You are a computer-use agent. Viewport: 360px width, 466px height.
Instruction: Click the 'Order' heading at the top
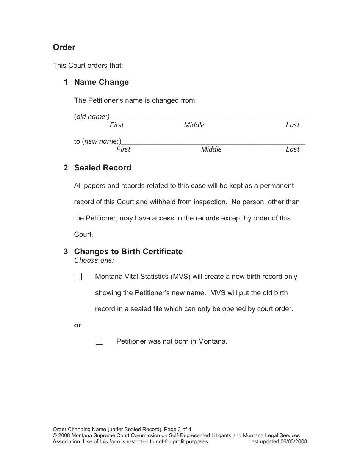tap(64, 47)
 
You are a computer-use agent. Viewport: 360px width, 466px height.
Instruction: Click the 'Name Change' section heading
tap(101, 82)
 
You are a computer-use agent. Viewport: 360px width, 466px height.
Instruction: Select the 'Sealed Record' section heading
tap(102, 168)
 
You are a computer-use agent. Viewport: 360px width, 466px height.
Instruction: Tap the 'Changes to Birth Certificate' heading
tap(128, 252)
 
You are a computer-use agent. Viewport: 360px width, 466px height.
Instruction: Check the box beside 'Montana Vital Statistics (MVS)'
tap(78, 277)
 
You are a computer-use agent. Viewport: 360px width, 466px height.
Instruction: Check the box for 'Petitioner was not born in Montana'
tap(99, 341)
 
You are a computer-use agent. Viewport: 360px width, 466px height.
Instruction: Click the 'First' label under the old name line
tap(117, 125)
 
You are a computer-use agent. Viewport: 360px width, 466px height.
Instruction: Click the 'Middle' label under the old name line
tap(194, 125)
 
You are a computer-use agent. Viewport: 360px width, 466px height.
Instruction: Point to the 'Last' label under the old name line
tap(293, 125)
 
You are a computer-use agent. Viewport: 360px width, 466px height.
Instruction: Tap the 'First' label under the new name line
tap(123, 149)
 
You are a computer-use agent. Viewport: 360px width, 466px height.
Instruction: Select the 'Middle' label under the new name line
tap(211, 149)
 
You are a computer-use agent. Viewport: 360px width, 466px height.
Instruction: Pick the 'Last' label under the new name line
tap(293, 149)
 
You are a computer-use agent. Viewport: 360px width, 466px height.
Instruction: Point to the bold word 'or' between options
tap(78, 325)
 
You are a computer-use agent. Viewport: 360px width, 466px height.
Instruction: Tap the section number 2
tap(66, 168)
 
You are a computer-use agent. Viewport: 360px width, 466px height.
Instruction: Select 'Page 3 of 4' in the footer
tap(178, 429)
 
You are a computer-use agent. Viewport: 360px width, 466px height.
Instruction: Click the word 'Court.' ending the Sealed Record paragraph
tap(83, 235)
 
